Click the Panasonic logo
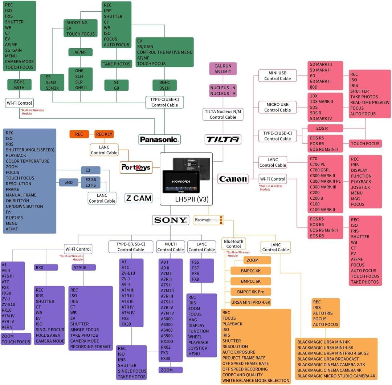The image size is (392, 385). tap(159, 139)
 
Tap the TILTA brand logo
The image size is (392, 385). tap(223, 139)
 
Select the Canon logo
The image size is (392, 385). tap(233, 179)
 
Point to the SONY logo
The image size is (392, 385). tap(170, 220)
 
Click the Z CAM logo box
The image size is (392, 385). tap(138, 198)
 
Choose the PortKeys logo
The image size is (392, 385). tap(136, 167)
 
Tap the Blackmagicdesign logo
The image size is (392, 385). tap(208, 220)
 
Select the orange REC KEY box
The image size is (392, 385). tap(104, 134)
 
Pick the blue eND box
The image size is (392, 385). tap(69, 182)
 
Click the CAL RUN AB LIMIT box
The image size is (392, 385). tap(223, 69)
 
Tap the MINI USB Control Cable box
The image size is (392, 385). tap(278, 76)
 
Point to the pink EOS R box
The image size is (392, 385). tap(325, 128)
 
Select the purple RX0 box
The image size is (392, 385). tap(46, 267)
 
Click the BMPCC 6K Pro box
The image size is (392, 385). tap(251, 292)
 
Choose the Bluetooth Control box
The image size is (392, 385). tap(233, 244)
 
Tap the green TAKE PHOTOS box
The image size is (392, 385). tap(117, 64)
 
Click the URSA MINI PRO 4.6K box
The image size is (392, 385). tap(251, 302)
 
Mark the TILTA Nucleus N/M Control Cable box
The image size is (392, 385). tap(223, 114)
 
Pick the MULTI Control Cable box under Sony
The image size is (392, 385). tap(170, 247)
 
